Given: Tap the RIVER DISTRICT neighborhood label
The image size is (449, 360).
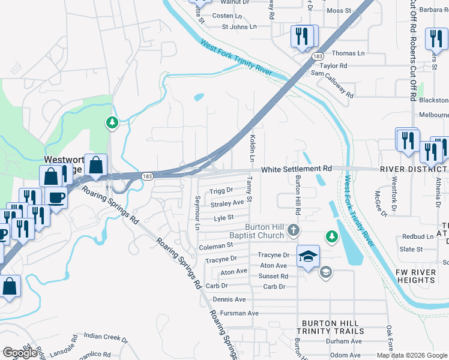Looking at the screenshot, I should click(414, 170).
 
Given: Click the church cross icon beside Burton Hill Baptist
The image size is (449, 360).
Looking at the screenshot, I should click(293, 230).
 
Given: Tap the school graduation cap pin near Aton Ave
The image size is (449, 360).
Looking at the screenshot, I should click(307, 256).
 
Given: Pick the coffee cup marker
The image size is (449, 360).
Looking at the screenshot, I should click(56, 197).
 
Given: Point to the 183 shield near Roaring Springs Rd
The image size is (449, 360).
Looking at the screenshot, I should click(148, 176).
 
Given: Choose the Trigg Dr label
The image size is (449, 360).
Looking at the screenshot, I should click(221, 191).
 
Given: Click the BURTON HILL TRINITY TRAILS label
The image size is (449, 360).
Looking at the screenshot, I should click(333, 327).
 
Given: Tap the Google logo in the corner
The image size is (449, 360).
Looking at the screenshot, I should click(20, 352).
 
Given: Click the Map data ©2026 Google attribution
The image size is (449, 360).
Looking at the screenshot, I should click(412, 355).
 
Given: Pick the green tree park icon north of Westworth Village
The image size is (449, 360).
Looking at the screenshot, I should click(112, 123).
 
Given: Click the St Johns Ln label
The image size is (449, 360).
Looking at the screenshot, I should click(239, 26).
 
